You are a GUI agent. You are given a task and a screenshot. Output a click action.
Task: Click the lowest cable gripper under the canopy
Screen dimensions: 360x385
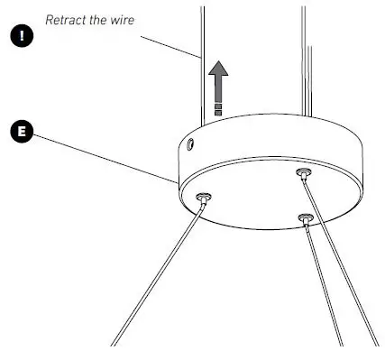point(307,217)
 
